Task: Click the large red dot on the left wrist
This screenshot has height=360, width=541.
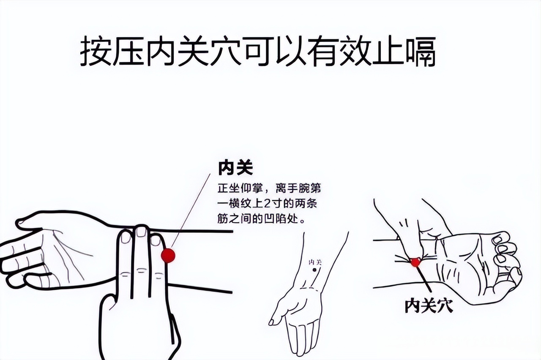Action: (168, 256)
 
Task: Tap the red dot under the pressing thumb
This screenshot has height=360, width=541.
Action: (415, 262)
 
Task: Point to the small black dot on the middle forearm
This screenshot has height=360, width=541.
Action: (314, 270)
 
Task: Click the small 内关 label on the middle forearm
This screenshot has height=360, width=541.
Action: (315, 262)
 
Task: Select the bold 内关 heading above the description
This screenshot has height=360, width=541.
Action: (235, 168)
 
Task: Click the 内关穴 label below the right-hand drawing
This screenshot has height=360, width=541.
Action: (429, 305)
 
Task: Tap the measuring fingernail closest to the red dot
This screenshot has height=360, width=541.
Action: (156, 240)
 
